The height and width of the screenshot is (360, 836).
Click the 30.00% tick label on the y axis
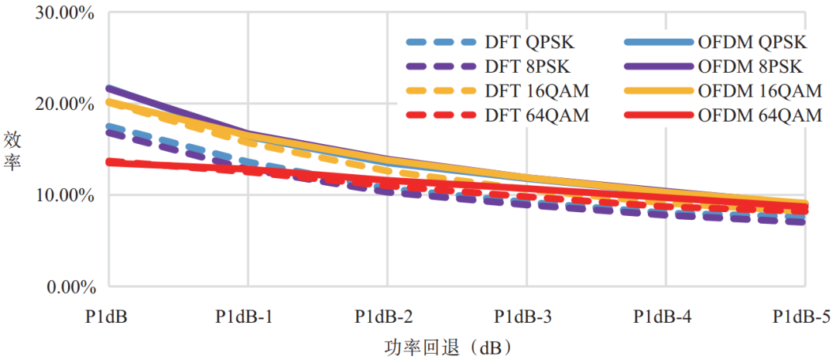61,12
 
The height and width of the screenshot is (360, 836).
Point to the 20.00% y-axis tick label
61,104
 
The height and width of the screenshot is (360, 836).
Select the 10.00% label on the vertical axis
61,196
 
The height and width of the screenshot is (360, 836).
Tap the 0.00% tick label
65,287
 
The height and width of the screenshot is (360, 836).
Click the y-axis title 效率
12,150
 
